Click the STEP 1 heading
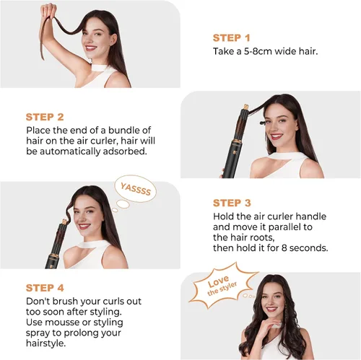(232, 38)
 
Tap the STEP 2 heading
(45, 117)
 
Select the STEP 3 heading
(232, 203)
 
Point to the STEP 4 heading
(45, 288)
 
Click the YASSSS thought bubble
(135, 189)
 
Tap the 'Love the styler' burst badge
(222, 285)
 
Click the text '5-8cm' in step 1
(258, 51)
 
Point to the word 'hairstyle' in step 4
(45, 343)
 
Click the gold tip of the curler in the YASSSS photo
(64, 221)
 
